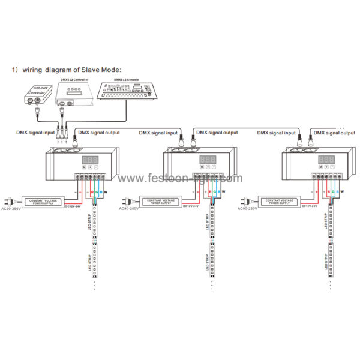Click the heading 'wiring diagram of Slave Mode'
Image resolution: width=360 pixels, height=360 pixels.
(x=70, y=70)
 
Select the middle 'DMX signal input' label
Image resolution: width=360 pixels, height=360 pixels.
(x=158, y=132)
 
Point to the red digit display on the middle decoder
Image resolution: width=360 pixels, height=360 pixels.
(x=207, y=160)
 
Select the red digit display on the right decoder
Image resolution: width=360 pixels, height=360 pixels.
(x=326, y=160)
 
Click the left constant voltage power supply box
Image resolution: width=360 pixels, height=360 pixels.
(x=44, y=201)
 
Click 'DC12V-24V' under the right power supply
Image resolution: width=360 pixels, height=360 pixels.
(x=310, y=207)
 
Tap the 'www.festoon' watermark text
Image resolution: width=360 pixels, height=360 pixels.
(x=180, y=178)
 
